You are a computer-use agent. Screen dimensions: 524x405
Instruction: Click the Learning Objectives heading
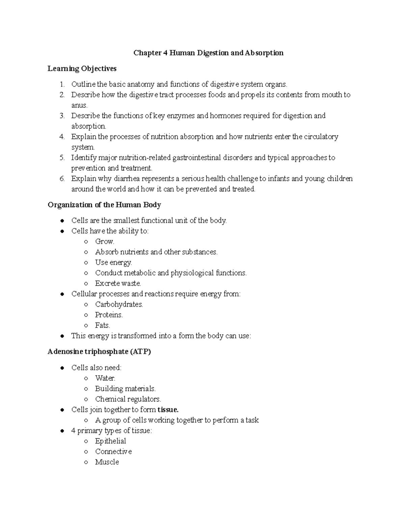coord(82,68)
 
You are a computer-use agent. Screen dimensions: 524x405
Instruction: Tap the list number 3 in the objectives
coord(62,116)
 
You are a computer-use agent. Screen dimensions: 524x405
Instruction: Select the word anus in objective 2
coord(79,105)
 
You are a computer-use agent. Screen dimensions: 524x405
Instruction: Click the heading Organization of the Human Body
coord(104,205)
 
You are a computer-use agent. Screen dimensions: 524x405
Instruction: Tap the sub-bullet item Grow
coord(105,242)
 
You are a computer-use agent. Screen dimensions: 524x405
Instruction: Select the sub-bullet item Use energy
coord(113,263)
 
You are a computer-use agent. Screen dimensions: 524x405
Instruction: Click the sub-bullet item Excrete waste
coord(118,283)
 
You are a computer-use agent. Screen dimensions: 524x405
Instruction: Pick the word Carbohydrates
coord(119,304)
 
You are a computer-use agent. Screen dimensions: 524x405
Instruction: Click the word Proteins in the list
coord(109,315)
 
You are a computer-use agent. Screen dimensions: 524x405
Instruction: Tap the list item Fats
coord(102,325)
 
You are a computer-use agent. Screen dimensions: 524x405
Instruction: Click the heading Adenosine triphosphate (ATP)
coord(99,352)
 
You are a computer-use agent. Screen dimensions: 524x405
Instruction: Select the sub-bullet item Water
coord(105,378)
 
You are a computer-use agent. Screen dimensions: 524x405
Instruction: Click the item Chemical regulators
coord(128,399)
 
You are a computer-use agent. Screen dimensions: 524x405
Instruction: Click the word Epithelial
coord(110,441)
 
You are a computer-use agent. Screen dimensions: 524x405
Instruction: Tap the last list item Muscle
coord(107,462)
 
